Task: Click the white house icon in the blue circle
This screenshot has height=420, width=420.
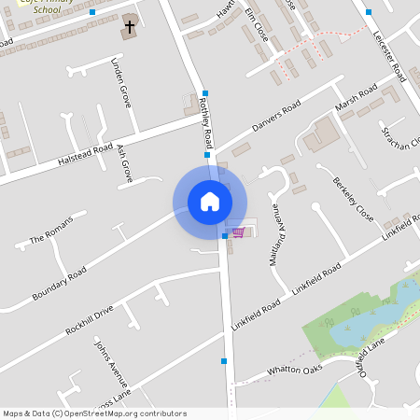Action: point(210,201)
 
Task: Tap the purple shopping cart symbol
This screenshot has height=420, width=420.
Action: point(238,231)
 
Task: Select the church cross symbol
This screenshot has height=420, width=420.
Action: point(129,28)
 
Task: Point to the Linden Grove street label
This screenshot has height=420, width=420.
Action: point(120,83)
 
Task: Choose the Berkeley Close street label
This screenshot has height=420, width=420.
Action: point(352,194)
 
